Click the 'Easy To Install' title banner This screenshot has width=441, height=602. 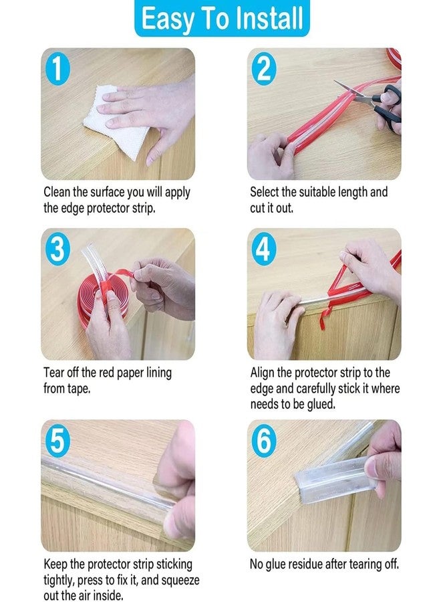point(221,19)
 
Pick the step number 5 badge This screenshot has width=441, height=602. point(58,441)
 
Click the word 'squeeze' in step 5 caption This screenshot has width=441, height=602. point(178,580)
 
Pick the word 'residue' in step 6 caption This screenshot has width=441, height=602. point(313,564)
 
